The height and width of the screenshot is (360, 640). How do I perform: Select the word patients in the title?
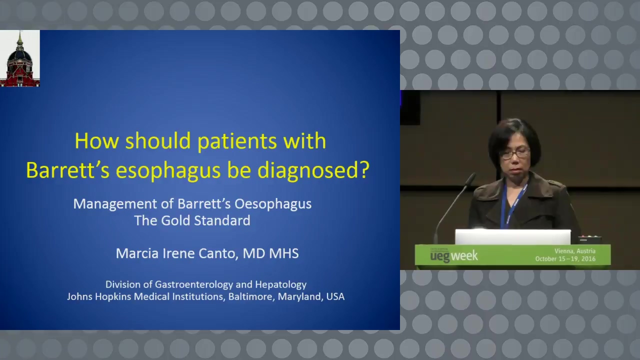(237, 141)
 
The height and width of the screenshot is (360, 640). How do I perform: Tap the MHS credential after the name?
(284, 253)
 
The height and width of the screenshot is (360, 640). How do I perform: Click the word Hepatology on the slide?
(280, 285)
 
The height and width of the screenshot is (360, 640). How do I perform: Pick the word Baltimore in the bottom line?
(251, 296)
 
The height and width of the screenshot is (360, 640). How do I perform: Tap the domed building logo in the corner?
(19, 58)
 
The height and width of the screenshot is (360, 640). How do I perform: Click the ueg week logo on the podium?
(453, 255)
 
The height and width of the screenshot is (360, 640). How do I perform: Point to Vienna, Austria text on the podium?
(575, 251)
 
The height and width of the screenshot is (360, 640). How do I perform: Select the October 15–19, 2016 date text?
(565, 259)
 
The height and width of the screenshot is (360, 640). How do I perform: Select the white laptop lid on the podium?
(513, 237)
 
